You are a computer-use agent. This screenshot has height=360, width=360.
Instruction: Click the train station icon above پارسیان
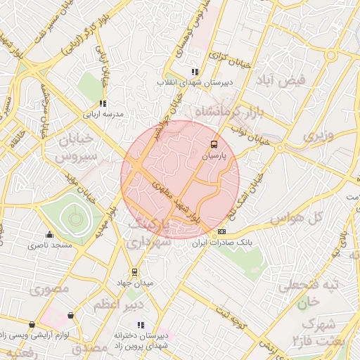coord(213,145)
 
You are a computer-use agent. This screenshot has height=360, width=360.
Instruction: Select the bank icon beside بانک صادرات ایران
coord(222,231)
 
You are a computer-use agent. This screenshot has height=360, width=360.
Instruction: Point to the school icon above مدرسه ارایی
coord(103,103)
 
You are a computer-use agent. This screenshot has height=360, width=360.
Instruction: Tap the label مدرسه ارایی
coord(104,114)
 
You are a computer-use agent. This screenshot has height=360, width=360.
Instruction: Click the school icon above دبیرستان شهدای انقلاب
coord(195,72)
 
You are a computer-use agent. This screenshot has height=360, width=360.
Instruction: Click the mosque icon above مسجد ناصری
coord(49,235)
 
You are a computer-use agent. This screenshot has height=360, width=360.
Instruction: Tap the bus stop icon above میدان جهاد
coord(134,273)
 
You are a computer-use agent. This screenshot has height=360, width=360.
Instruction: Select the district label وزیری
coord(316,134)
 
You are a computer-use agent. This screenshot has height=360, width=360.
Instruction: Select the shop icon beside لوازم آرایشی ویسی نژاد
coord(70,316)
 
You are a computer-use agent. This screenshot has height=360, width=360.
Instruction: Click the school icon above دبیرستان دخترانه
coord(141,325)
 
